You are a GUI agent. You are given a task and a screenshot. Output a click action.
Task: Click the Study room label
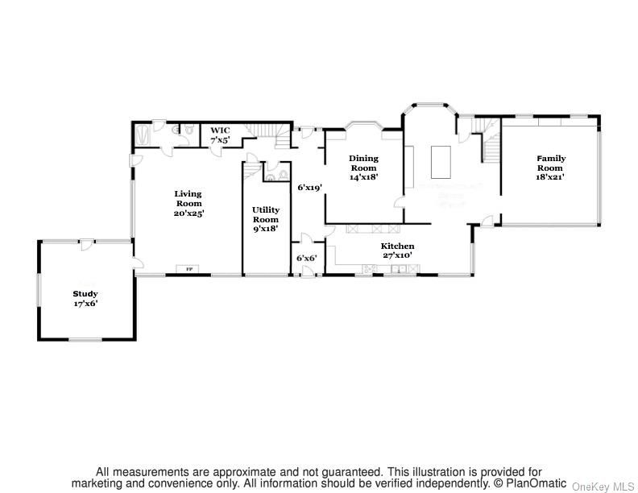(x=85, y=294)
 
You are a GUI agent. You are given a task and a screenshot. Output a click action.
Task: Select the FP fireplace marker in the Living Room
(x=190, y=269)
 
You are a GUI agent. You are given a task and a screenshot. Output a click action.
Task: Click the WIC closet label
(x=220, y=130)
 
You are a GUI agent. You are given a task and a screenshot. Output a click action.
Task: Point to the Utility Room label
(x=266, y=214)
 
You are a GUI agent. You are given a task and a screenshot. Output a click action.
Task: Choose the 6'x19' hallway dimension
(x=309, y=187)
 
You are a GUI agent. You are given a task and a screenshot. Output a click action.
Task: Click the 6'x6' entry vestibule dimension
(x=306, y=258)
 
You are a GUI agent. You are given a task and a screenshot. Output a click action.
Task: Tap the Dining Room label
(x=363, y=164)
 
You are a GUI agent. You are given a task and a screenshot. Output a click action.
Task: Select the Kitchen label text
(x=398, y=246)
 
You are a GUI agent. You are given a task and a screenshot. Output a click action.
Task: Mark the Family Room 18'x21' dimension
(x=551, y=176)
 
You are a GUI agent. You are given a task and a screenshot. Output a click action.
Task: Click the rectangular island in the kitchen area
(x=442, y=160)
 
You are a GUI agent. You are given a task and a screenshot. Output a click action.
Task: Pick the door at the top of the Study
(x=83, y=243)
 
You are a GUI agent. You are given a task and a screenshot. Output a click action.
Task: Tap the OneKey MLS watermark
(x=603, y=486)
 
